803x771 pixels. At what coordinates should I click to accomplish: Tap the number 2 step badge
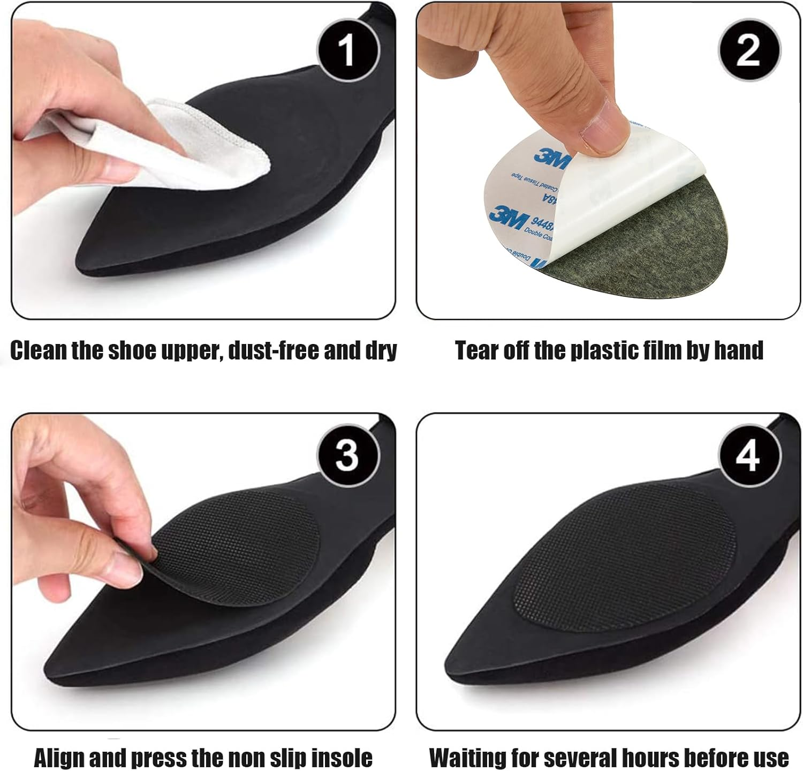(x=748, y=51)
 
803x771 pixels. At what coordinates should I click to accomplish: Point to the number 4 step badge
(x=748, y=456)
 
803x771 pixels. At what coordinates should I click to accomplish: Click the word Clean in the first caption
(x=39, y=351)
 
